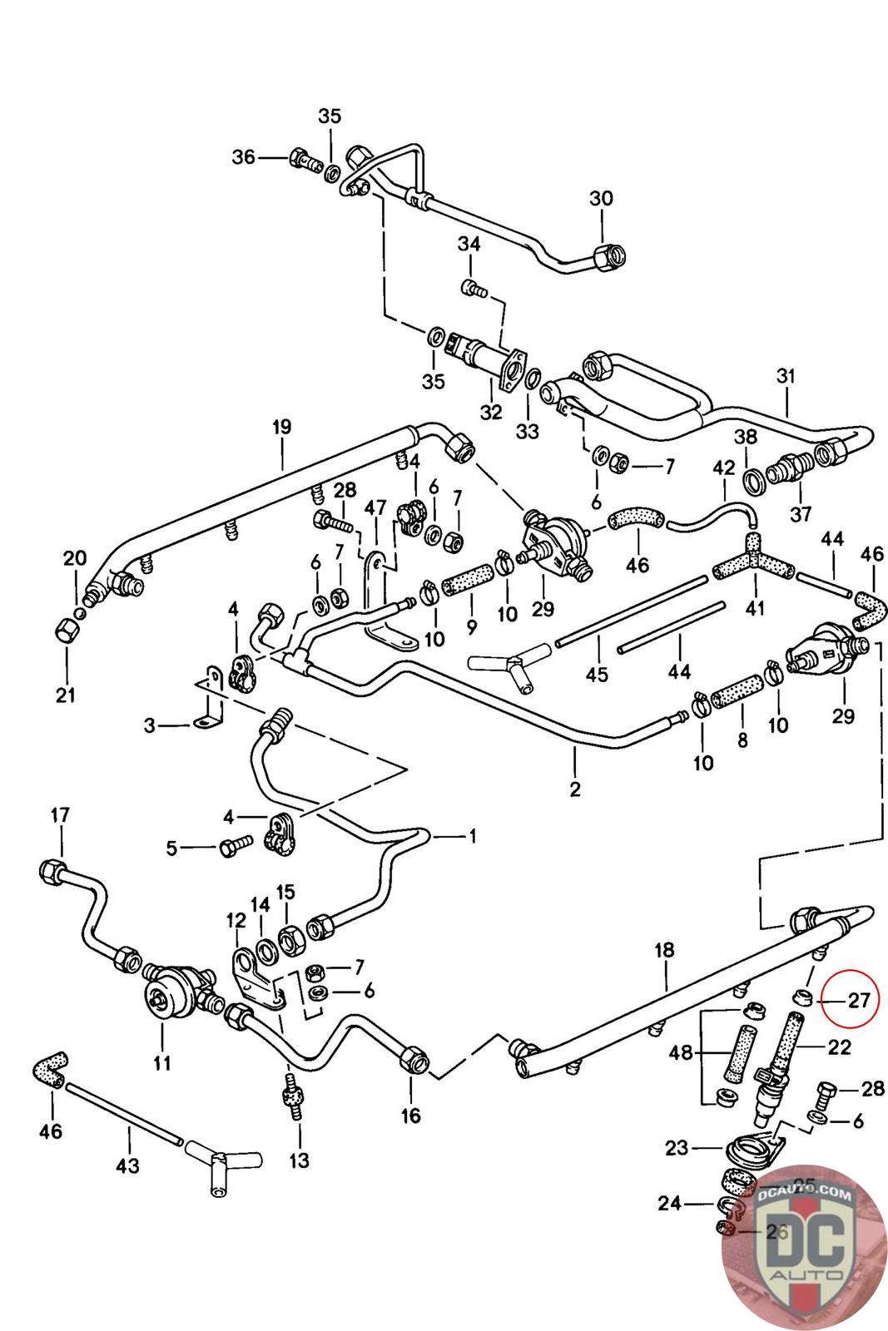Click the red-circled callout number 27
[x=858, y=1001]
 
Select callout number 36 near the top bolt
[x=243, y=156]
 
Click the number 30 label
[x=601, y=199]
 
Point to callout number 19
[x=281, y=428]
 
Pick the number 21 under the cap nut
[x=66, y=695]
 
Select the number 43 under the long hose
[x=127, y=1166]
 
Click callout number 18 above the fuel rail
[x=664, y=950]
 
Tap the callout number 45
[x=597, y=674]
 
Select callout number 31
[x=786, y=377]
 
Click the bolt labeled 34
[x=472, y=288]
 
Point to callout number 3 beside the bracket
[x=150, y=725]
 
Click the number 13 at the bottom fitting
[x=299, y=1160]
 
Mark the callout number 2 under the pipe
[x=575, y=788]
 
